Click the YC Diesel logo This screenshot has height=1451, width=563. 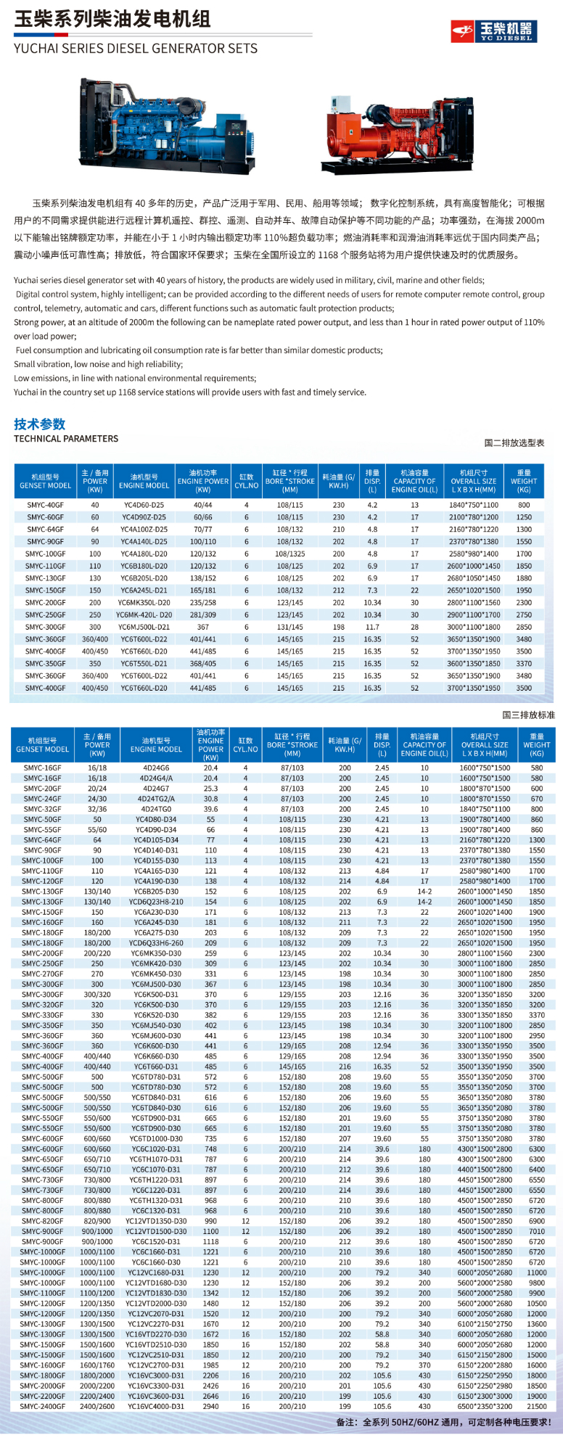pos(493,30)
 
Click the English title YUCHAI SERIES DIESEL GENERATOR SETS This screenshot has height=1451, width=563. pos(136,49)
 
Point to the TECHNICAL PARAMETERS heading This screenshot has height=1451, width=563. pos(66,439)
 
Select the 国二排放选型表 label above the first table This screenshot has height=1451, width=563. pos(514,443)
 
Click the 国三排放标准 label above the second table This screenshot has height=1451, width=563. pos(528,715)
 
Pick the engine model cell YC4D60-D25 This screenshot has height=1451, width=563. pos(144,505)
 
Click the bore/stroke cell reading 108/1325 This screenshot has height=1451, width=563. pos(289,554)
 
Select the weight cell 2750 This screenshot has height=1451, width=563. pos(524,614)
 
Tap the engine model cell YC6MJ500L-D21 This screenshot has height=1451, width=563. pos(144,627)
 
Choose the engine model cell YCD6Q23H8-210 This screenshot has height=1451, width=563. pos(156,902)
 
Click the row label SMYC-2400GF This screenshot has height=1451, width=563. pos(42,1406)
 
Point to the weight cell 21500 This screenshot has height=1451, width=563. pos(536,1406)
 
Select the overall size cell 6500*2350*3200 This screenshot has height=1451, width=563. pos(485,1406)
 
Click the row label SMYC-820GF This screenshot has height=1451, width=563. pos(42,1221)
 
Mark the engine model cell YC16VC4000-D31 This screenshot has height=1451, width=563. pos(156,1406)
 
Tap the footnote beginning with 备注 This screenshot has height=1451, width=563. pos(443,1422)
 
